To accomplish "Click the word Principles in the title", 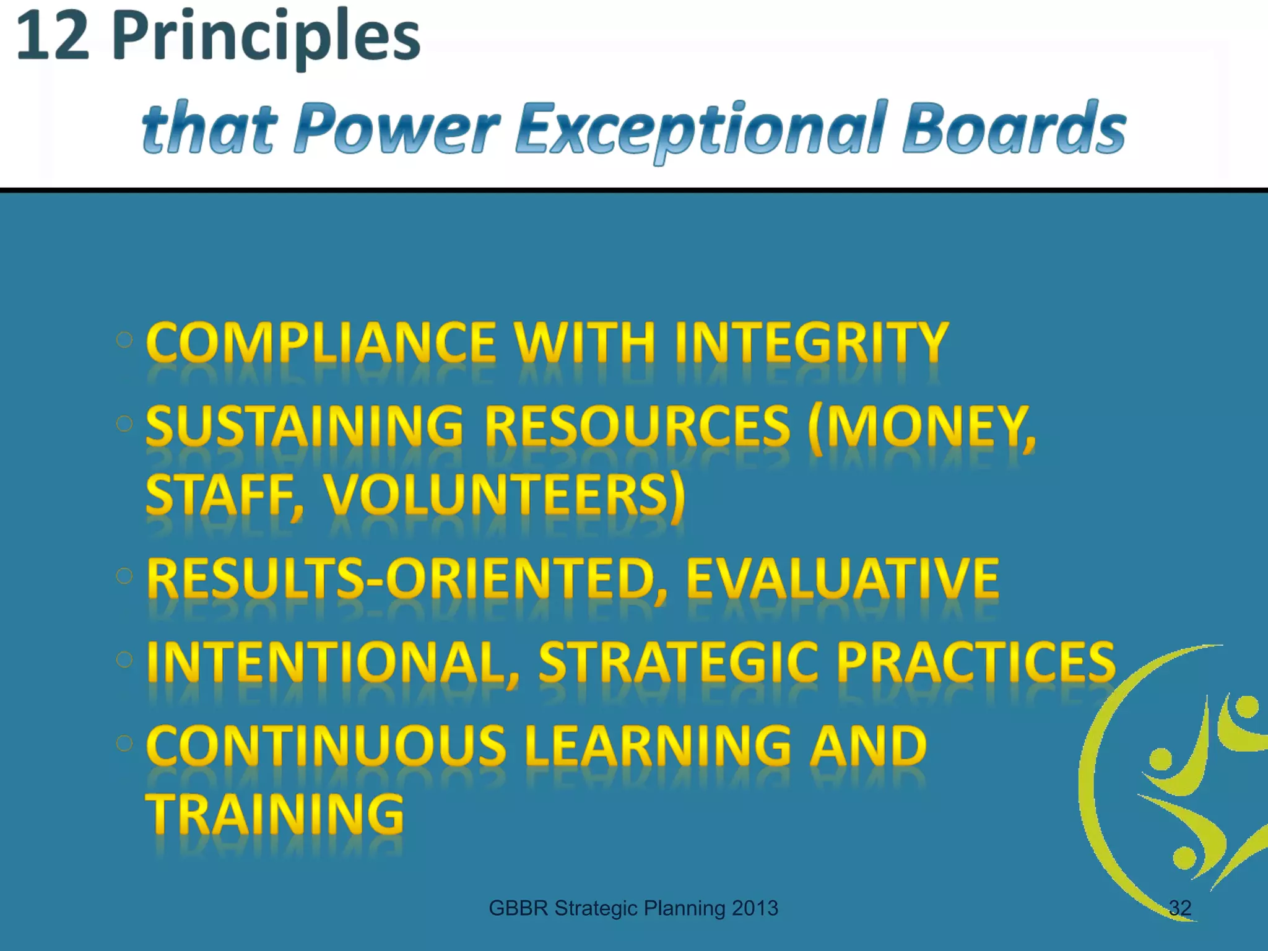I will [x=266, y=38].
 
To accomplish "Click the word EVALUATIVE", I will [x=842, y=578].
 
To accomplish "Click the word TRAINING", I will [x=274, y=814].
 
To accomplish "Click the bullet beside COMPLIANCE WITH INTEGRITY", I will [x=124, y=339].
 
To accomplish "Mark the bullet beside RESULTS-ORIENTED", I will [x=124, y=576].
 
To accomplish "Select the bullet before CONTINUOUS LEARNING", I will [x=124, y=743].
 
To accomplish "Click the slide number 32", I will [x=1179, y=908].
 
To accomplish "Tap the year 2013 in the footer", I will [x=754, y=908].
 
